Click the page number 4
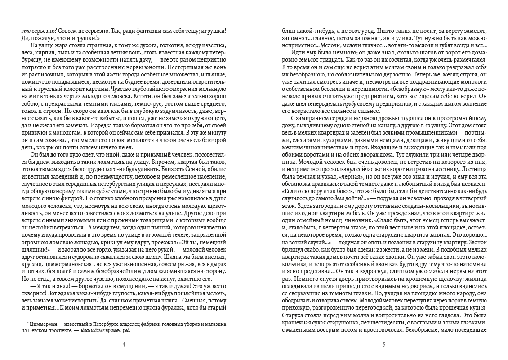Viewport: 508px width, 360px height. pyautogui.click(x=124, y=345)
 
